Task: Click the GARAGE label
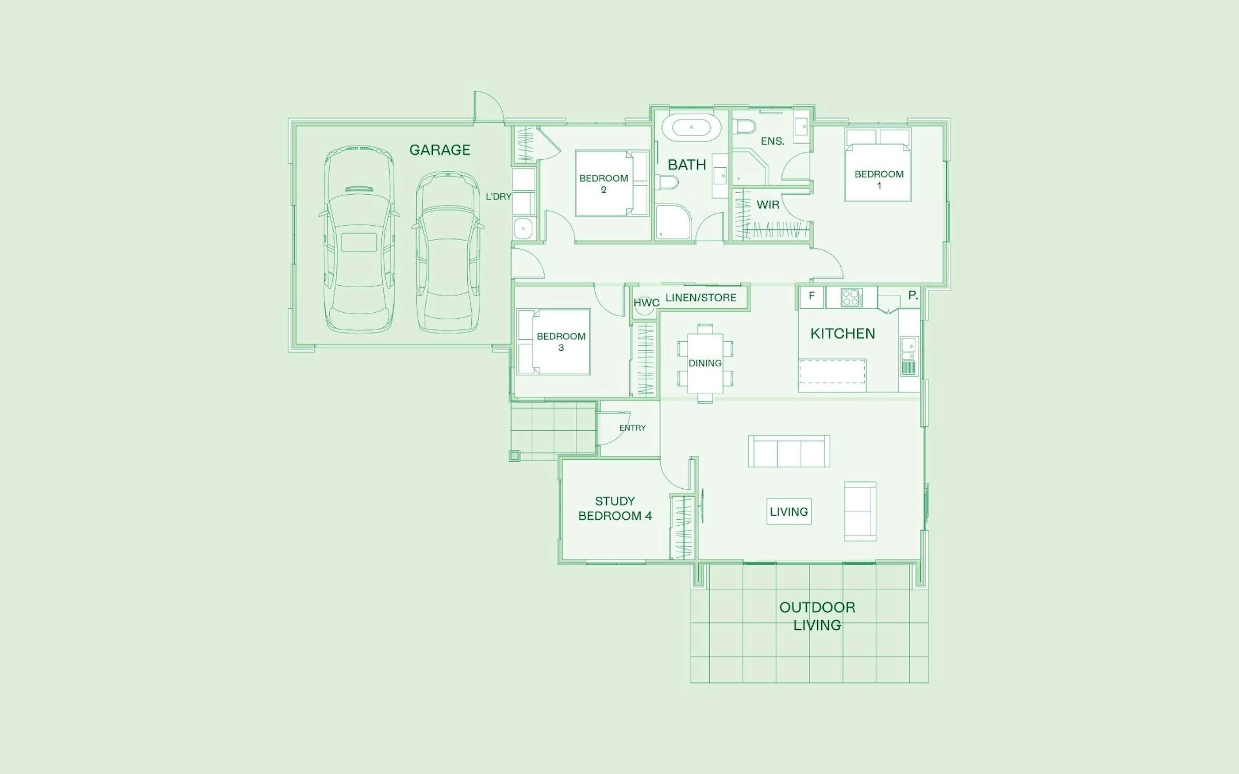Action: pyautogui.click(x=439, y=149)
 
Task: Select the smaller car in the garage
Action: pyautogui.click(x=448, y=251)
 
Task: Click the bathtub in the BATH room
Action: pyautogui.click(x=691, y=127)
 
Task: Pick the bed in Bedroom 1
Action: pyautogui.click(x=878, y=165)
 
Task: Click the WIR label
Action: pyautogui.click(x=768, y=205)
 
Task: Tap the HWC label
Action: pyautogui.click(x=646, y=303)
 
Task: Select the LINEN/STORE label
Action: pyautogui.click(x=701, y=297)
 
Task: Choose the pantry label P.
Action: pyautogui.click(x=912, y=295)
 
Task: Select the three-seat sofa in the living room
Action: pyautogui.click(x=789, y=451)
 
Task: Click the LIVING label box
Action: pyautogui.click(x=789, y=511)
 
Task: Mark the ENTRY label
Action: pyautogui.click(x=632, y=428)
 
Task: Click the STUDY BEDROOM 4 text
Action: pyautogui.click(x=615, y=508)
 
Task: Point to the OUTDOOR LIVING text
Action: pyautogui.click(x=817, y=616)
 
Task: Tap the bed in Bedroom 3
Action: pyautogui.click(x=554, y=341)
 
